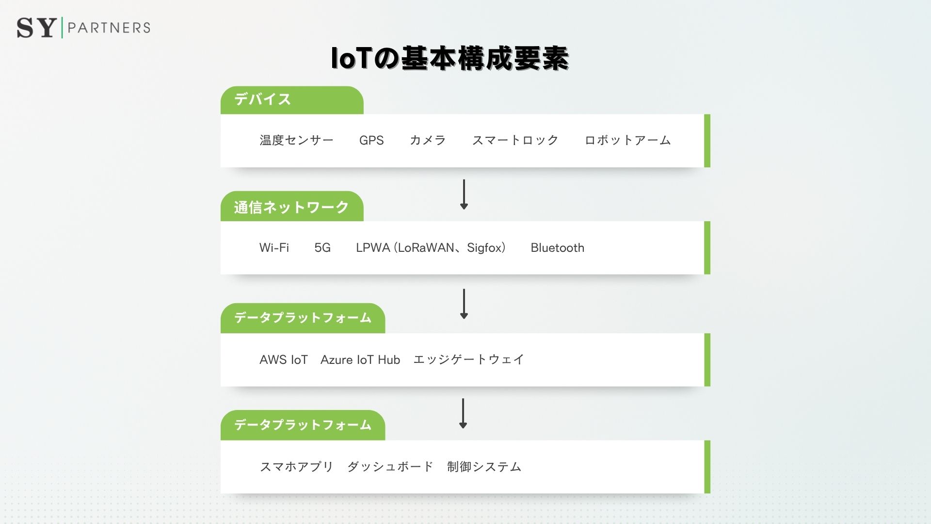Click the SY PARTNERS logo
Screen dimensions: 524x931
83,28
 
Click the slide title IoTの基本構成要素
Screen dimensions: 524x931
449,59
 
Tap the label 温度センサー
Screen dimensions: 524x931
296,140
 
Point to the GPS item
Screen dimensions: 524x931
371,140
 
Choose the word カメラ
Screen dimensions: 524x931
428,140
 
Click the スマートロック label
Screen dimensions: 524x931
515,140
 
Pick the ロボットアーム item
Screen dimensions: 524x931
627,140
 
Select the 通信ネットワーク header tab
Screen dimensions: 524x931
291,207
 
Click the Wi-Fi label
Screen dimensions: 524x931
274,248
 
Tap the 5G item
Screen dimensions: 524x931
322,248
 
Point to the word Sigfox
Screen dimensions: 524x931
485,248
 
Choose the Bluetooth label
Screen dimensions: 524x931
557,248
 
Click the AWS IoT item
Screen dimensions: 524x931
284,360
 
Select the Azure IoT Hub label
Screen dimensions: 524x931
360,360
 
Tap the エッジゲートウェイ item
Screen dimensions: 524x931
468,360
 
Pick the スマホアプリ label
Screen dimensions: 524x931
296,467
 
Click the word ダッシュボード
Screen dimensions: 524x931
390,467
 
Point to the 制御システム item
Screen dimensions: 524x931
484,467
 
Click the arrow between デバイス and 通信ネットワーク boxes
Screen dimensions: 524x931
464,194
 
